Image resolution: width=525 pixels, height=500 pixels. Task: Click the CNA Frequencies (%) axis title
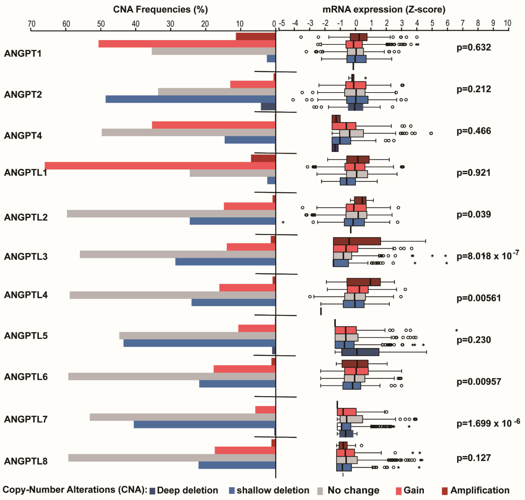point(160,10)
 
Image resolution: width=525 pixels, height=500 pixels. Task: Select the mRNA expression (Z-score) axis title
point(384,10)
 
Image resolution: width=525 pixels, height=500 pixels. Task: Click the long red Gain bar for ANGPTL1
point(160,166)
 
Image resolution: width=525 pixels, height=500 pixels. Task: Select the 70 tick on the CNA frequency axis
point(31,24)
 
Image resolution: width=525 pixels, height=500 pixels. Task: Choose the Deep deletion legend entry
point(184,490)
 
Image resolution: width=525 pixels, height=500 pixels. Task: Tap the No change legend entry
point(349,490)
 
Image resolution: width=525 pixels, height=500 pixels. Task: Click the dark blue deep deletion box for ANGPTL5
point(360,352)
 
